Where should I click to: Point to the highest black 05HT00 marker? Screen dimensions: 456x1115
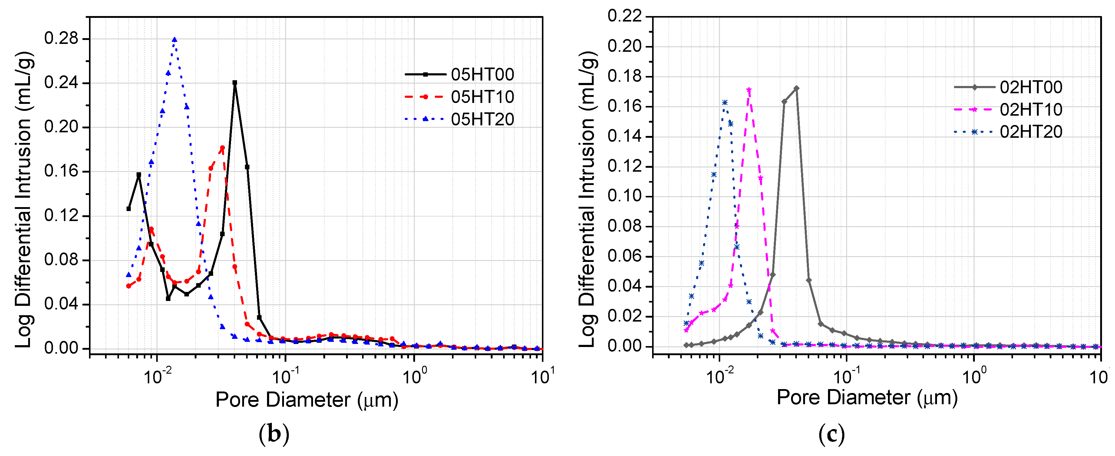coord(235,82)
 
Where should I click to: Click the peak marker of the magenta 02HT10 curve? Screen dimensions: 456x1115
coord(749,90)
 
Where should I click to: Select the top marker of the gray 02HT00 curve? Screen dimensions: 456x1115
coord(797,88)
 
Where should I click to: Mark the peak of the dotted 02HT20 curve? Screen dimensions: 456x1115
coord(724,103)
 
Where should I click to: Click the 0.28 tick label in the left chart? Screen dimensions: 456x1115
coord(61,38)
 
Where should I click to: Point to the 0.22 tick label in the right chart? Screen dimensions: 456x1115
coord(625,16)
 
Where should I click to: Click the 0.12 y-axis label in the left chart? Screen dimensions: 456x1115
coord(61,216)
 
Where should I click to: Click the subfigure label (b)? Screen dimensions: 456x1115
coord(274,434)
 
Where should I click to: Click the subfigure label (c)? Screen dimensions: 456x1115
coord(832,434)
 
